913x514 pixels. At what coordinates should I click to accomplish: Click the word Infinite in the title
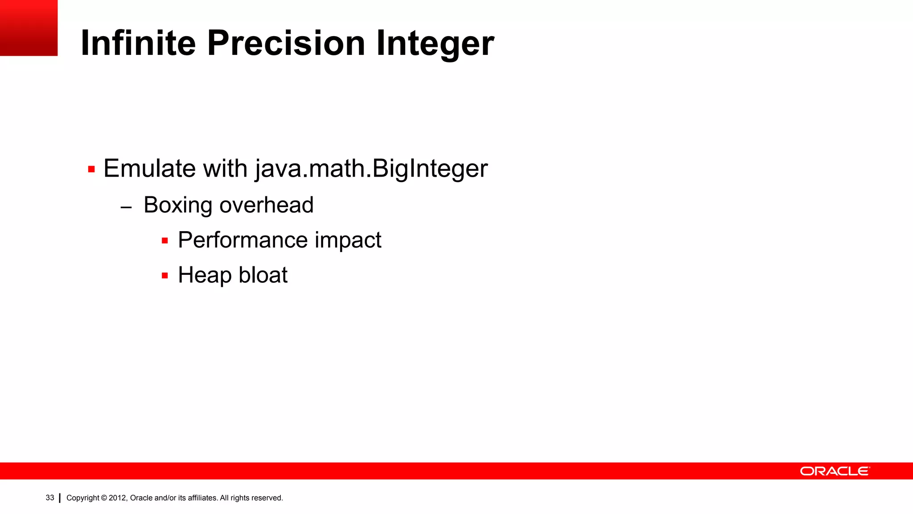(x=138, y=43)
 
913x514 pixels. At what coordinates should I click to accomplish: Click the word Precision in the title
(x=286, y=43)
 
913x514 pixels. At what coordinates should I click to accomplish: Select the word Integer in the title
(x=435, y=44)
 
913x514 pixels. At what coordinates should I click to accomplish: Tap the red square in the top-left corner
(x=29, y=28)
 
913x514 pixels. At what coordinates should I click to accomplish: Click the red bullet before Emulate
(x=91, y=170)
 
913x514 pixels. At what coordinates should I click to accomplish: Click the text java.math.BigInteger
(x=371, y=169)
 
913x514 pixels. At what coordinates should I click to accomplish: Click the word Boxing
(x=178, y=206)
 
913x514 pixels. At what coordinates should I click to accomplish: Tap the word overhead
(x=267, y=205)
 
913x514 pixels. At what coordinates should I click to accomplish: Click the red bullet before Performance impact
(x=165, y=241)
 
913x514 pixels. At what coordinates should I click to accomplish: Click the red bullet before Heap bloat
(x=165, y=276)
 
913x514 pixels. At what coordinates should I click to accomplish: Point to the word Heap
(x=205, y=275)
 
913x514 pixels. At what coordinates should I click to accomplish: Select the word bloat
(x=263, y=275)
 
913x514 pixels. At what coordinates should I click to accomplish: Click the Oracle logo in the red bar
(x=835, y=471)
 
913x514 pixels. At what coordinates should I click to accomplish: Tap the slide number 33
(x=50, y=497)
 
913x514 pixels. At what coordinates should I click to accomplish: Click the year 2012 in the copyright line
(x=118, y=498)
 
